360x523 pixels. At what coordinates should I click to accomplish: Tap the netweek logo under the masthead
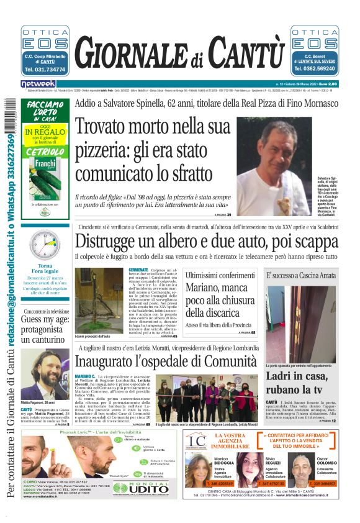[38, 83]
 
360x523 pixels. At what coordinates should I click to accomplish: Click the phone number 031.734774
[45, 70]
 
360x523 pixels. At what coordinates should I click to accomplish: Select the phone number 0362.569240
[315, 70]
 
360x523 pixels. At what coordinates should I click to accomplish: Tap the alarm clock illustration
[45, 245]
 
